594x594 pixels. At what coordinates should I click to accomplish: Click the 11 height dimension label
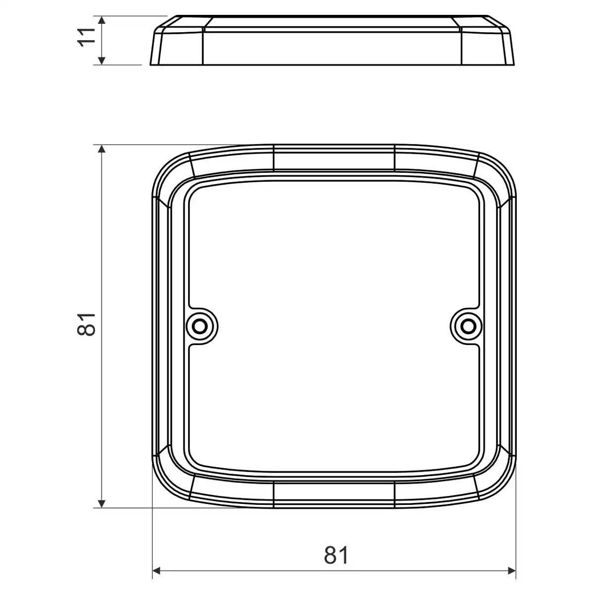click(x=87, y=37)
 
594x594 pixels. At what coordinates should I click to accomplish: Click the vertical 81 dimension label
click(x=87, y=324)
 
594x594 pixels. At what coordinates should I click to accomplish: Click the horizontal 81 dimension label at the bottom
click(x=336, y=555)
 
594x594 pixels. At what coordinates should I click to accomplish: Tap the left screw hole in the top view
click(x=200, y=326)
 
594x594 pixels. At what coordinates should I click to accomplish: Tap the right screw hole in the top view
click(x=468, y=326)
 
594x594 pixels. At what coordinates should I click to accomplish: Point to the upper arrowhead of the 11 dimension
click(x=102, y=20)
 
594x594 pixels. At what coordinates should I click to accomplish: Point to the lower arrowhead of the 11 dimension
click(x=102, y=61)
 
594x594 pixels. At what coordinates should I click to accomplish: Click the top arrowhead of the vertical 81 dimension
click(x=102, y=149)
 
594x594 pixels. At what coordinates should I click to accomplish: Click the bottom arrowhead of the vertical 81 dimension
click(x=102, y=503)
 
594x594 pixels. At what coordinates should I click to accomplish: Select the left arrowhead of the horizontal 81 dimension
click(x=156, y=571)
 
